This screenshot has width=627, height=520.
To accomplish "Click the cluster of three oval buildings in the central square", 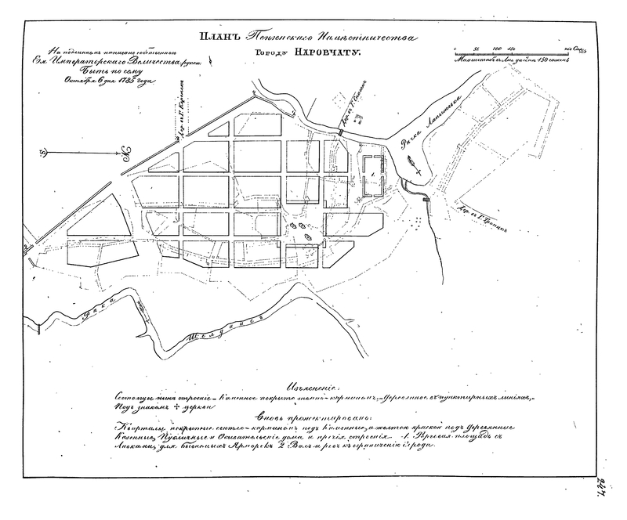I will click(301, 229).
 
